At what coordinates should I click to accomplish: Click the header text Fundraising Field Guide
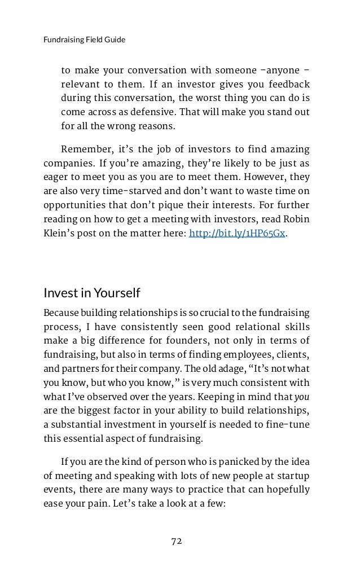click(84, 40)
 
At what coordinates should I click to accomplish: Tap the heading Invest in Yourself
click(91, 293)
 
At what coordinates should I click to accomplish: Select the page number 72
click(177, 541)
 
